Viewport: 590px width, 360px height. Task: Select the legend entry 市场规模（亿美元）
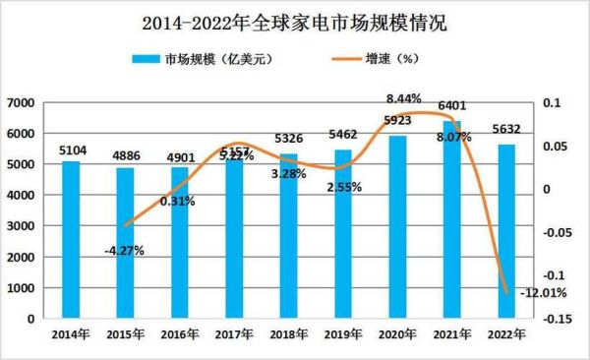point(202,60)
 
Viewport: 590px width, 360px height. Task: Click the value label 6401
point(452,104)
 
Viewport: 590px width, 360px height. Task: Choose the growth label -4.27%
point(124,250)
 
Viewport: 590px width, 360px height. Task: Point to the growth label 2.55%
point(344,185)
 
